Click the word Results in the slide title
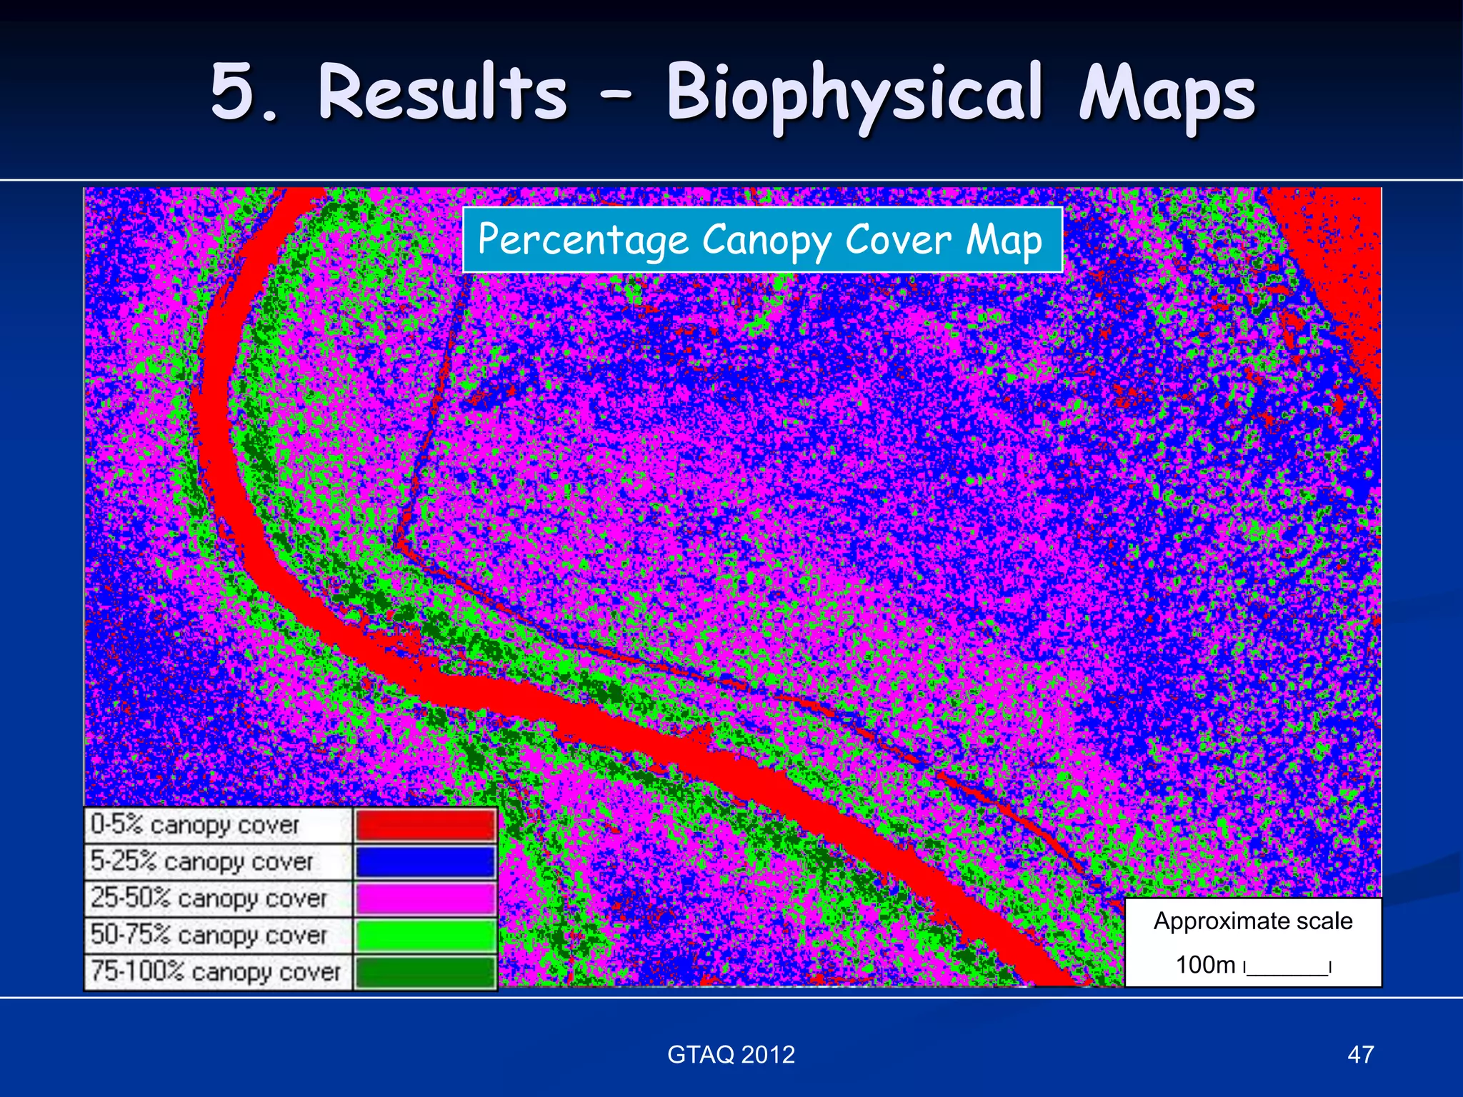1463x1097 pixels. pos(442,93)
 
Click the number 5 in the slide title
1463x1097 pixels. pos(236,93)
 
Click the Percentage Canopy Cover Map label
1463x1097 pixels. pos(762,240)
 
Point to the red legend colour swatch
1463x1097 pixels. pos(425,825)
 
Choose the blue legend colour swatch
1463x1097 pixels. pos(425,862)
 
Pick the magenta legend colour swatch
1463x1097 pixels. pos(425,898)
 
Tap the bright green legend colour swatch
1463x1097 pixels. pos(425,936)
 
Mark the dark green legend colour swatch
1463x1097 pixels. pos(425,972)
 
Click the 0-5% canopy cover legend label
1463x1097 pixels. pos(195,826)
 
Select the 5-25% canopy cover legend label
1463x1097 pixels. pos(202,862)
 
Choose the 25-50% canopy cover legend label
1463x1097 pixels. pos(209,898)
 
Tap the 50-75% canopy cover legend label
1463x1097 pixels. pos(209,936)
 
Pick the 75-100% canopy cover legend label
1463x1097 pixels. pos(216,972)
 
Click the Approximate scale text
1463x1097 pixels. pos(1253,921)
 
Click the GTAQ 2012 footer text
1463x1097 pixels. pos(731,1055)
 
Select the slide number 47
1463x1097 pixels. pos(1360,1055)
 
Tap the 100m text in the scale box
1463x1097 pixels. pos(1205,966)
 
